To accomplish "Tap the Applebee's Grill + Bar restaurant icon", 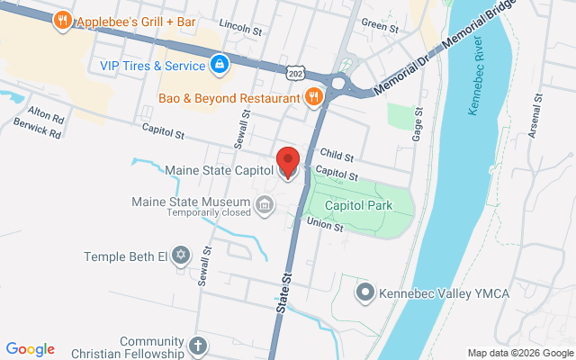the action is pos(62,21).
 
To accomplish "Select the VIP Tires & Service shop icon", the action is pos(219,65).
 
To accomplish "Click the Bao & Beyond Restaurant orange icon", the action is pos(313,97).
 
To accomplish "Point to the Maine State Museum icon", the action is pos(265,206).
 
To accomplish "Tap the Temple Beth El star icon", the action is pos(181,256).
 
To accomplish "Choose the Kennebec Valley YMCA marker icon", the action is pos(365,292).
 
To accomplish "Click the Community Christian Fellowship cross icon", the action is pos(198,346).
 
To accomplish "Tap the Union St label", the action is pos(325,223).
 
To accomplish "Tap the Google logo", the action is pos(31,349).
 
